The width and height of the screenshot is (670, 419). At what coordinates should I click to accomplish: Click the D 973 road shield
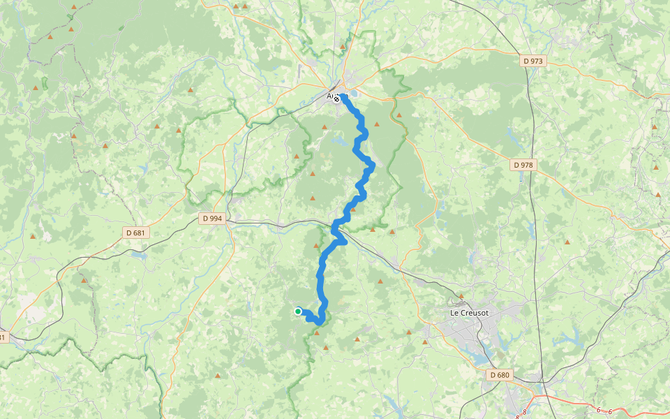[x=533, y=61]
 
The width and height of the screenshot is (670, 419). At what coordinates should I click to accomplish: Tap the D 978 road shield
[x=523, y=166]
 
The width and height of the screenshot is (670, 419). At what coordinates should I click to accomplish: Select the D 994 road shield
[x=212, y=219]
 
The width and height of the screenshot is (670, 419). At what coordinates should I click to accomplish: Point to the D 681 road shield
[x=136, y=232]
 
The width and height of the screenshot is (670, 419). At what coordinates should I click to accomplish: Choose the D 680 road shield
[x=500, y=375]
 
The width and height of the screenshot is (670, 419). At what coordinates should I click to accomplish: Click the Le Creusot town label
[x=469, y=313]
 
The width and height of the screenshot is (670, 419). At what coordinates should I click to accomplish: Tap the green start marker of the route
[x=298, y=311]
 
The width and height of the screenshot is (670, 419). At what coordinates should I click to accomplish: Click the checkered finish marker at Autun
[x=336, y=99]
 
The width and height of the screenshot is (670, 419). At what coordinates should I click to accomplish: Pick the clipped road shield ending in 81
[x=2, y=338]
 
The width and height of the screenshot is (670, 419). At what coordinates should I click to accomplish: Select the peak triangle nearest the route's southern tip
[x=317, y=333]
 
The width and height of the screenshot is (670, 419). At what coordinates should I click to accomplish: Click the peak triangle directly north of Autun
[x=343, y=47]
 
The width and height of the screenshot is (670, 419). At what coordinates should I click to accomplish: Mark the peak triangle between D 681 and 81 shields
[x=84, y=281]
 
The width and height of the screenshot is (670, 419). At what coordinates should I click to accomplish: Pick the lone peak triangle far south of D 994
[x=218, y=376]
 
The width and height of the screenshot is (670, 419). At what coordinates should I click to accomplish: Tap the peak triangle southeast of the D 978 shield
[x=567, y=242]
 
